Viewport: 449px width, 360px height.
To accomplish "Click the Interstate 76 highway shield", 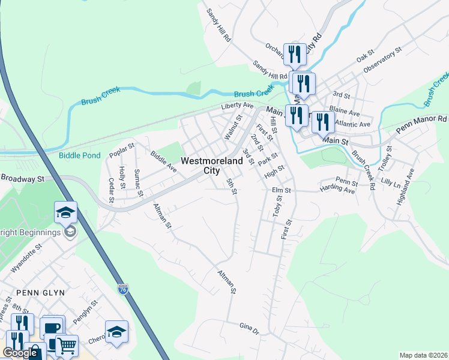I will [x=122, y=289].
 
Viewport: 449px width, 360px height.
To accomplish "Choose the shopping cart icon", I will [x=67, y=345].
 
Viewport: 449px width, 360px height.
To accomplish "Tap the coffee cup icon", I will [x=52, y=328].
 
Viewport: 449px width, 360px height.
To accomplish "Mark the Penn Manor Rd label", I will [x=421, y=125].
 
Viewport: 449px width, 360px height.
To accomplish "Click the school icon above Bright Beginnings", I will [x=65, y=212].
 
